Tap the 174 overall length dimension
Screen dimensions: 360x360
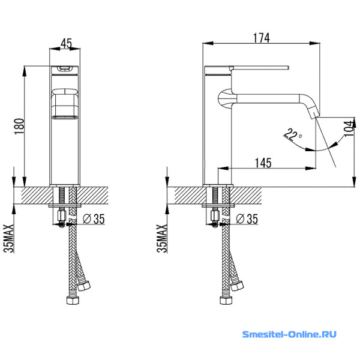coord(260,37)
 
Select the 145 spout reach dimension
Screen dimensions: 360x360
coord(263,162)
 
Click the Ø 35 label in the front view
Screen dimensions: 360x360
coord(91,219)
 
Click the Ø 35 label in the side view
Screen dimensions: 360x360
coord(244,219)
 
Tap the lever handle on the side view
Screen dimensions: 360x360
coord(258,67)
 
